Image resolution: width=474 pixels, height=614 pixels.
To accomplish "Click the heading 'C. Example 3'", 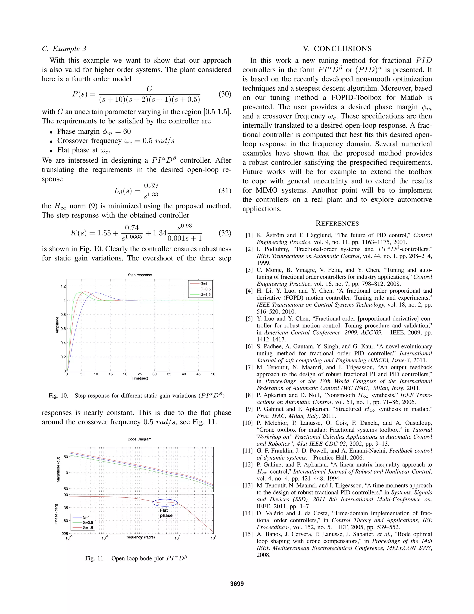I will pos(64,49).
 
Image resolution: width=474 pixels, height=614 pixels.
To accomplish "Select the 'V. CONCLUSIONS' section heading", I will pos(337,49).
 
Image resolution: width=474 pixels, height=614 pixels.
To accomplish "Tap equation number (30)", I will pos(225,94).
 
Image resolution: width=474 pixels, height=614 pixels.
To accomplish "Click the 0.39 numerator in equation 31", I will pos(151,186).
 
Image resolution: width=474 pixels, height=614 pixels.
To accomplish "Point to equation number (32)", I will pos(225,233).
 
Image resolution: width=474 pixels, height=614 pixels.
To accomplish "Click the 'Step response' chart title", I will pos(140,275).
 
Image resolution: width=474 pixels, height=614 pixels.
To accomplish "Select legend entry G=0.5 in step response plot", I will pos(205,289).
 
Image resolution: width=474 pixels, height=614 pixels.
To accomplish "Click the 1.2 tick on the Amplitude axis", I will pos(63,286).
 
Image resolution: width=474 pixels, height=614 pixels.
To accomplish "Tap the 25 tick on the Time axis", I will pos(140,374).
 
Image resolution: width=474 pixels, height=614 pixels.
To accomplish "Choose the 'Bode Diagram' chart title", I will pos(139,439).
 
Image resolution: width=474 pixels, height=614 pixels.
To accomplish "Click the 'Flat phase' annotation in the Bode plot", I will pos(166,513).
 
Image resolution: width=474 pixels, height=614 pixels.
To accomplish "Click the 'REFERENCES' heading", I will pos(337,224).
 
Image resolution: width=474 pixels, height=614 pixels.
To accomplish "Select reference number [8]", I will pos(249,395).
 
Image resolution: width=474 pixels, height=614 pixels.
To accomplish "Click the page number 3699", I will pos(237,584).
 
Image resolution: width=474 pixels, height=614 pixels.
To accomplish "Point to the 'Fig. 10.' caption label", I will pos(58,396).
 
